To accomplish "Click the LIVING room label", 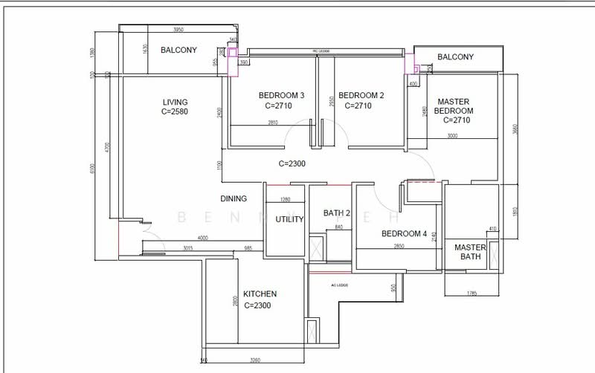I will (x=176, y=102).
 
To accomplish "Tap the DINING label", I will (x=234, y=199).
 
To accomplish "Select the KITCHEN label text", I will (x=260, y=294).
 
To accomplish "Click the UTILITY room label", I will (x=289, y=220).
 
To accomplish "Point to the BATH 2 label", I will (x=336, y=213).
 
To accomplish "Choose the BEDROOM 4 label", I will (x=404, y=233).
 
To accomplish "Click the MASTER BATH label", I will (x=470, y=252).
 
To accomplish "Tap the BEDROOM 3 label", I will (x=281, y=95).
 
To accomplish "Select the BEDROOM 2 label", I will (x=361, y=95).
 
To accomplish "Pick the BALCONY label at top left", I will (x=178, y=51).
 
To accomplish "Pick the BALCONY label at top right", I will (x=455, y=57).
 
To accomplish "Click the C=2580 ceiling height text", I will (x=176, y=112).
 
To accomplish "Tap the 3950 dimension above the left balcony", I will (x=178, y=30).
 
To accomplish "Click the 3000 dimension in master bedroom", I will (x=452, y=136).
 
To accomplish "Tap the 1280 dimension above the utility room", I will (x=285, y=199).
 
